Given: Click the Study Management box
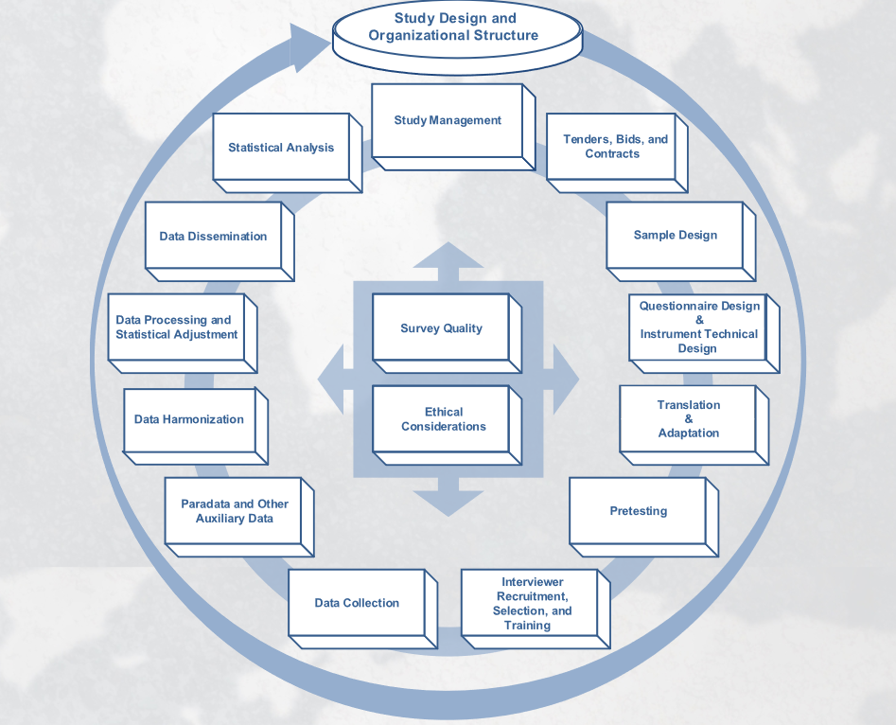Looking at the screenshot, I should [448, 120].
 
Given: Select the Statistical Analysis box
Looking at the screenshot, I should [281, 148].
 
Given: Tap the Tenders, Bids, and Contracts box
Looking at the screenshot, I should [612, 147].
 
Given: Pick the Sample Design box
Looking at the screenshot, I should [675, 236].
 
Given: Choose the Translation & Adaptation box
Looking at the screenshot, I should [688, 419].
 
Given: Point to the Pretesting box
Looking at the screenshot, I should [638, 511].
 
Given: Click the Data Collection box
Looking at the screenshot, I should [357, 603].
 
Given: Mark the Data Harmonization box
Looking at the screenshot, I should [189, 419].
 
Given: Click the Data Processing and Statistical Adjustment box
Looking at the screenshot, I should [177, 327].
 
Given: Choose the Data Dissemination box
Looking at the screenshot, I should [213, 237].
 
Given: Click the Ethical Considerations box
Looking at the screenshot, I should [443, 419].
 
